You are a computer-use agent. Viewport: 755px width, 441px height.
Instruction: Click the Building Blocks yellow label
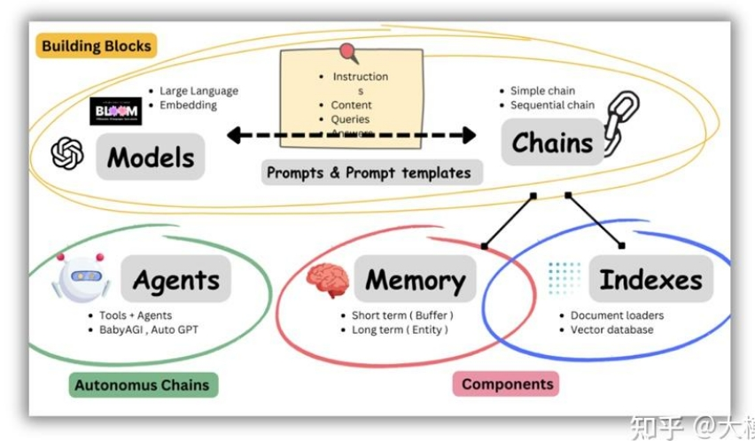click(97, 45)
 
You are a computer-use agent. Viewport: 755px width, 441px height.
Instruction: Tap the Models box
click(151, 157)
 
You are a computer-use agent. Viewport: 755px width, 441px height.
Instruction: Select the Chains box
click(551, 142)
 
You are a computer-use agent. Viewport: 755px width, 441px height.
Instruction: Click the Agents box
click(175, 280)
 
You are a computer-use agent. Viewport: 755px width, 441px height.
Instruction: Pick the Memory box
click(415, 280)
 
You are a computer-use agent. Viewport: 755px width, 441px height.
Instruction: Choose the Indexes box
click(651, 280)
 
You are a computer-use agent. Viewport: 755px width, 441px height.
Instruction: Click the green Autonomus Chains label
click(142, 384)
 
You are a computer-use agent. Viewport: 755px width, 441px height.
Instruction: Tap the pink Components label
click(507, 383)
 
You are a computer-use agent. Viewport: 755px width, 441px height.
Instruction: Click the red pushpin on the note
click(347, 52)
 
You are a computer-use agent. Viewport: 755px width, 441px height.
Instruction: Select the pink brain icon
click(327, 279)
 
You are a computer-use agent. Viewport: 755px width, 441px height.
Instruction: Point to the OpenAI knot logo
click(67, 153)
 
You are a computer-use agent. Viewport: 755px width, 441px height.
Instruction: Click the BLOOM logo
click(116, 111)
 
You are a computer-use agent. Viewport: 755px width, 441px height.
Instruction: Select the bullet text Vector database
click(611, 329)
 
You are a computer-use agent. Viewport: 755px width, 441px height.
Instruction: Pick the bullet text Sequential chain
click(552, 104)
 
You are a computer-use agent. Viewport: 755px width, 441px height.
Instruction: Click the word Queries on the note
click(350, 119)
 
